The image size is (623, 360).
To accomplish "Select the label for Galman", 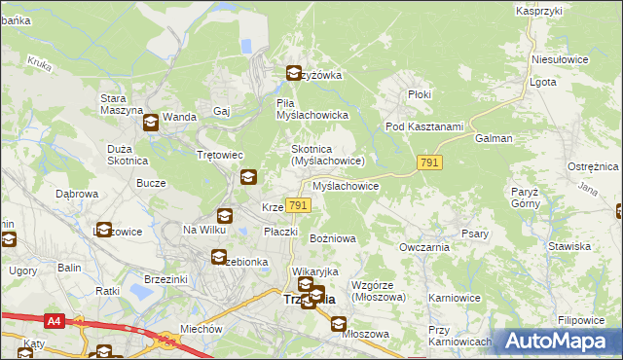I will pyautogui.click(x=494, y=139).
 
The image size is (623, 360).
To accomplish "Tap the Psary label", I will pyautogui.click(x=474, y=234).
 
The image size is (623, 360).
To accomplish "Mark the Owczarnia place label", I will pyautogui.click(x=422, y=247).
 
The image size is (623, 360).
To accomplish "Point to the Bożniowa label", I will pyautogui.click(x=332, y=238).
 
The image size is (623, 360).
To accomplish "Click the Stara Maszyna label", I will pyautogui.click(x=121, y=104).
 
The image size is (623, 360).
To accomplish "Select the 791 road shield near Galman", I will pyautogui.click(x=429, y=164).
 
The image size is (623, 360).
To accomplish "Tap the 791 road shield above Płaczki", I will pyautogui.click(x=299, y=205).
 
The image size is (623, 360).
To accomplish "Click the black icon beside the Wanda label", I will pyautogui.click(x=151, y=123).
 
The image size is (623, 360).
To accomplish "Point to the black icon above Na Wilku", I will pyautogui.click(x=225, y=216).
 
